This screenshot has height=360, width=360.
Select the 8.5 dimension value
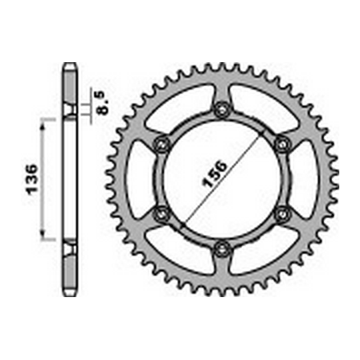[x=101, y=102]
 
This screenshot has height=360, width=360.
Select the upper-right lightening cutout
[x=263, y=105]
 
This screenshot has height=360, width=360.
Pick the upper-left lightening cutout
[x=181, y=105]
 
